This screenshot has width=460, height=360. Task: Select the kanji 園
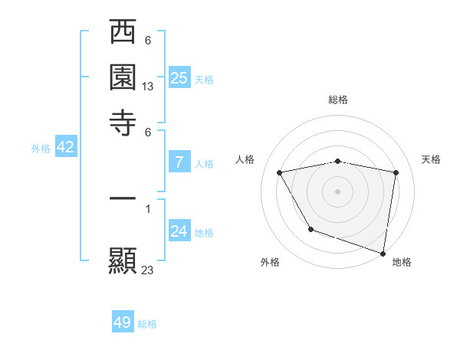tap(123, 77)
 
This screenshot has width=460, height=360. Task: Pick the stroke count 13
tap(148, 87)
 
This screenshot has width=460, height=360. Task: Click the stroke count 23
tap(148, 270)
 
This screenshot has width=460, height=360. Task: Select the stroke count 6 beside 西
tap(148, 41)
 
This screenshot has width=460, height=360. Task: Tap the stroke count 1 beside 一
tap(148, 208)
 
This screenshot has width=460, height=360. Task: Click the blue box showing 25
tap(179, 78)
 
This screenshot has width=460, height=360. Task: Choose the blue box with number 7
tap(179, 162)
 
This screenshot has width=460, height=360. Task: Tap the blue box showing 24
tap(179, 231)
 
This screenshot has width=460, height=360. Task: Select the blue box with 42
tap(65, 148)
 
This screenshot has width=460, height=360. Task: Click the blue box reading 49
tap(123, 322)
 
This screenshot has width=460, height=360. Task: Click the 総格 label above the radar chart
tap(338, 100)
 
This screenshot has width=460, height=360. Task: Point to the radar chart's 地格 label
tap(402, 262)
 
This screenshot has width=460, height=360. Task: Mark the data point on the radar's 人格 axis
tap(280, 172)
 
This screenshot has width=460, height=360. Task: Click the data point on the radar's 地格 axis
tap(383, 252)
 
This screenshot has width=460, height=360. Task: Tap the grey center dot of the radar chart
tap(338, 191)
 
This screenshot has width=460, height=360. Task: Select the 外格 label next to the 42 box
tap(41, 149)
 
